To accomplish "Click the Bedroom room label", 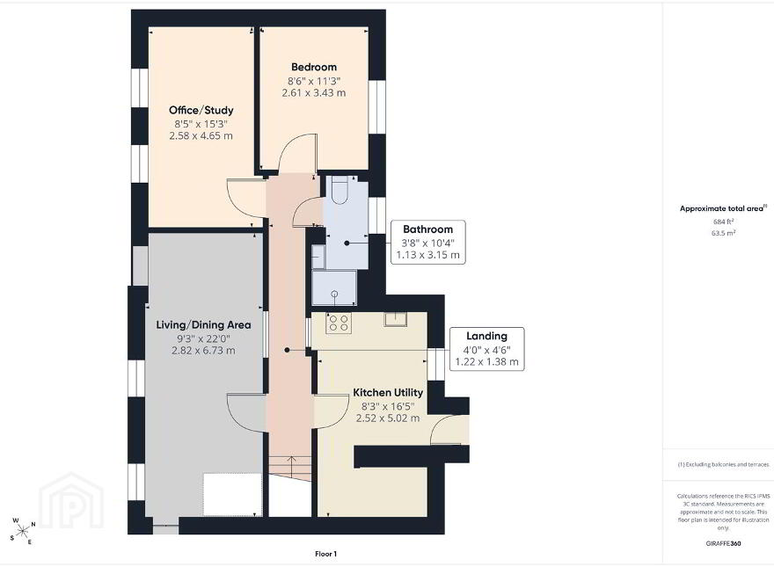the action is [x=314, y=67].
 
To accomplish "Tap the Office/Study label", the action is [x=201, y=110].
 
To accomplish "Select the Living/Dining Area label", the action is [x=203, y=324].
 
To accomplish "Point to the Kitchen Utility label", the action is [x=388, y=392].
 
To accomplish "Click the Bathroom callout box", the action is [x=428, y=243].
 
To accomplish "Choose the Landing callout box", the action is [x=486, y=349].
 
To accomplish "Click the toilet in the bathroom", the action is [x=340, y=190].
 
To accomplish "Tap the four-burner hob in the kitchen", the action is [x=339, y=323].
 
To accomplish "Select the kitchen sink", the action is [x=396, y=319].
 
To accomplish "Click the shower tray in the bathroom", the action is [x=334, y=287].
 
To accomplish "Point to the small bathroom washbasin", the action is [x=318, y=257].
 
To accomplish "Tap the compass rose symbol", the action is [x=23, y=531].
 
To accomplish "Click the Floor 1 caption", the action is [x=325, y=554].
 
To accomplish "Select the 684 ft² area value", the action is [x=724, y=222].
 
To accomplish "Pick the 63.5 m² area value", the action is [x=724, y=233].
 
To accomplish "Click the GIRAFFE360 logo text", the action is [x=723, y=544].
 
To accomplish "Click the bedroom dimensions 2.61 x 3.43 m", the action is [x=314, y=93].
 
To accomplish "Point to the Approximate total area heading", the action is [x=724, y=208].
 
